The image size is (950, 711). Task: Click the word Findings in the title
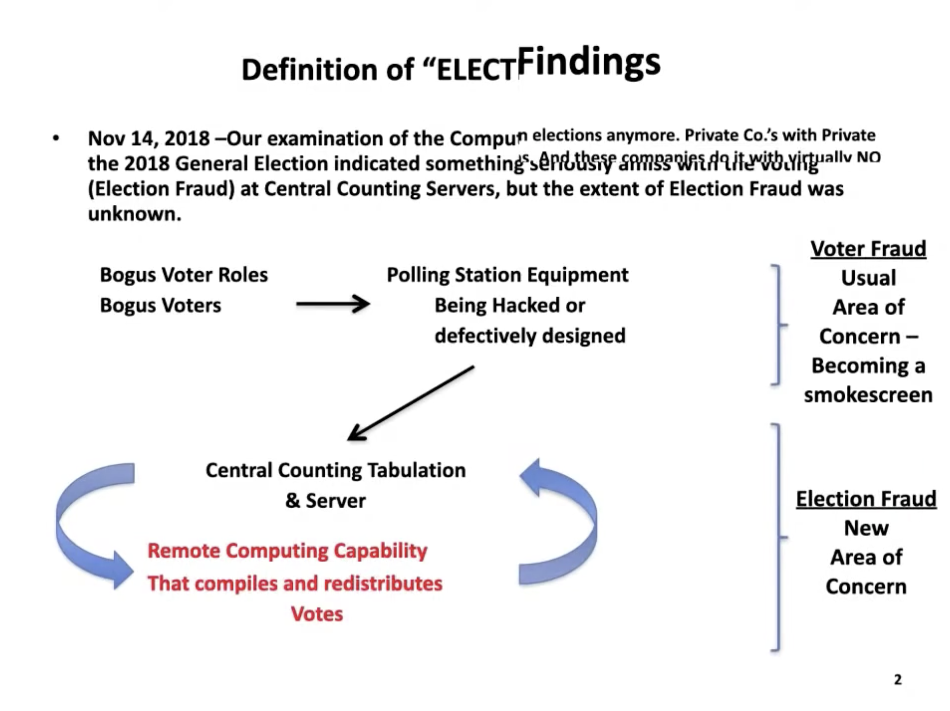(x=588, y=62)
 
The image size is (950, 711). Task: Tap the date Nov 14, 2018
(x=148, y=138)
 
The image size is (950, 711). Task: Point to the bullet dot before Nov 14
(x=56, y=138)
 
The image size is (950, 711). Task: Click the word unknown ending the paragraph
(x=134, y=214)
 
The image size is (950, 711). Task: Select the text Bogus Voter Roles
(x=184, y=274)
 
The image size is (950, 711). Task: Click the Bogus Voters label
(x=160, y=305)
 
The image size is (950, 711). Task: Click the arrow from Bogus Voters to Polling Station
(x=333, y=304)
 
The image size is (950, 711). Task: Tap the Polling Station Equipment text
(x=507, y=274)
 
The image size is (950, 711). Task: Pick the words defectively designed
(x=530, y=336)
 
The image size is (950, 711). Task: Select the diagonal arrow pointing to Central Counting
(x=411, y=403)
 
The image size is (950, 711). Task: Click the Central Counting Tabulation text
(x=335, y=470)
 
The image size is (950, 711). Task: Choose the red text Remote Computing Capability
(x=287, y=550)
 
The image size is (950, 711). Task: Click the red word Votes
(x=317, y=614)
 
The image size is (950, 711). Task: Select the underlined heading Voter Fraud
(x=868, y=248)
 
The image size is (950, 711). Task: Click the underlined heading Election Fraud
(x=866, y=499)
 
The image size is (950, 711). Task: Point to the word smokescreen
(x=868, y=395)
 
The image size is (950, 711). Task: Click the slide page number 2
(x=897, y=680)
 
